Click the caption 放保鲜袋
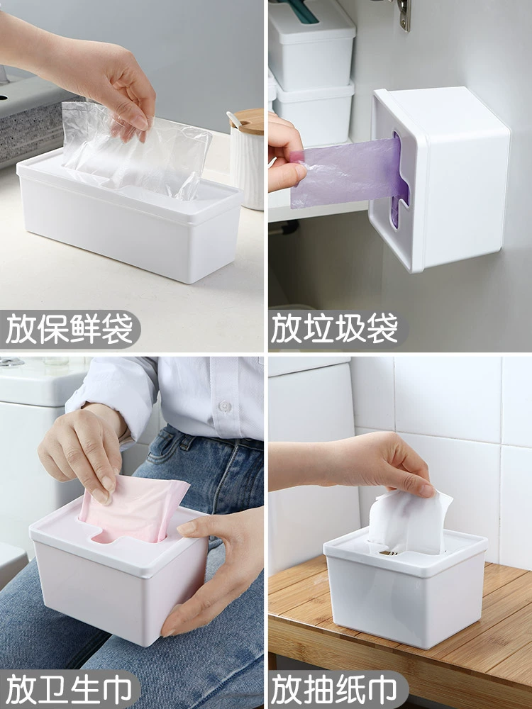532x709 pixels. click(x=70, y=329)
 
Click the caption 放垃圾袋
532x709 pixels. click(x=334, y=329)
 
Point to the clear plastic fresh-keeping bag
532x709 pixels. click(x=135, y=149)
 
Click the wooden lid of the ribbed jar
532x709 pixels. click(x=247, y=121)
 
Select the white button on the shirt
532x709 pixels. click(x=225, y=406)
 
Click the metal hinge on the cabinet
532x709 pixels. click(x=404, y=14)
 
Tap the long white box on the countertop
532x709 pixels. click(x=129, y=216)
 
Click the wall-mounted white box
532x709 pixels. click(x=439, y=178)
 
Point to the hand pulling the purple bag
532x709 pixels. click(x=285, y=154)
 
